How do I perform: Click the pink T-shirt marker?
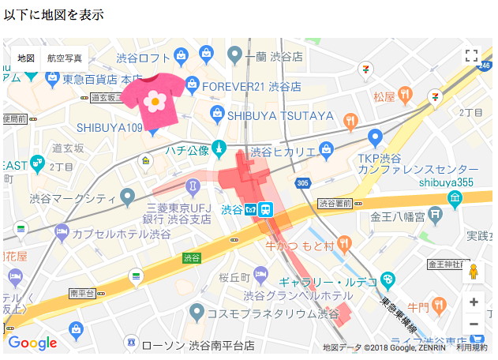pos(155,99)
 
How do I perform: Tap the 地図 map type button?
pos(26,58)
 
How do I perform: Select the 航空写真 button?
pos(64,58)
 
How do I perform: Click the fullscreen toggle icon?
pos(471,55)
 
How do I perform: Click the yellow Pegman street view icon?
pos(474,272)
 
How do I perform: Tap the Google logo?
pos(32,343)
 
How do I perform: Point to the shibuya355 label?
pos(446,182)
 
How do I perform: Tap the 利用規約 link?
pos(471,347)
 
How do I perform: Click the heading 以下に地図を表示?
pos(53,15)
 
